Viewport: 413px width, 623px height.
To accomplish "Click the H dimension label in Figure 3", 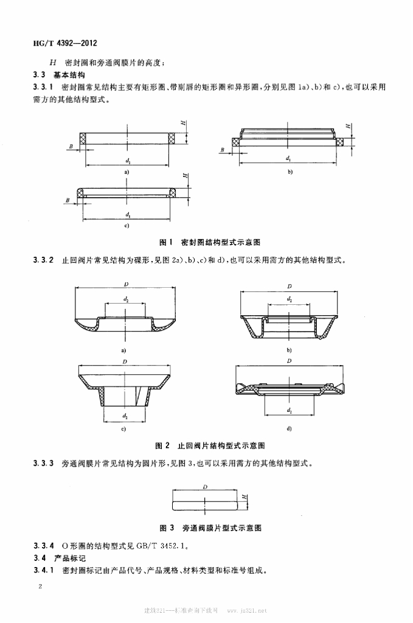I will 244,498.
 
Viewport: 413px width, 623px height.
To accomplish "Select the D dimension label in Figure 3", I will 206,487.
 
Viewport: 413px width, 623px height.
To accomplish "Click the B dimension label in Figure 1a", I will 71,147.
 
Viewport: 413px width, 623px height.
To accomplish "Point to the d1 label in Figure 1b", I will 287,158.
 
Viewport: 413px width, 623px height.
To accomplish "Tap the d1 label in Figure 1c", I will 127,215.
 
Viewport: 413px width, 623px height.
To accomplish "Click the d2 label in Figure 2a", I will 126,299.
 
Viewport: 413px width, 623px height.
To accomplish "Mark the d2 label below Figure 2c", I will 125,416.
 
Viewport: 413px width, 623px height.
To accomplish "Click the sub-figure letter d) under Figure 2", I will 289,429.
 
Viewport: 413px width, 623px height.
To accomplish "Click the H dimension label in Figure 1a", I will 182,123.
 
